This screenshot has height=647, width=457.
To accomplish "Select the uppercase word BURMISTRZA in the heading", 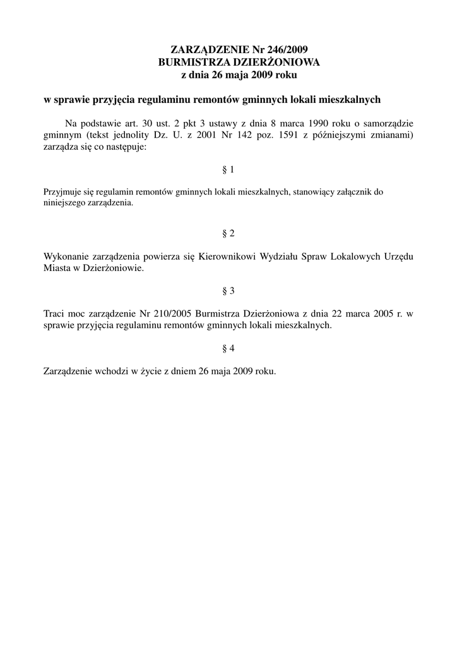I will (187, 62).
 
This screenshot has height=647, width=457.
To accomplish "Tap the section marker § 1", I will (228, 170).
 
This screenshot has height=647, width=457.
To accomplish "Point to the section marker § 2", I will (228, 233).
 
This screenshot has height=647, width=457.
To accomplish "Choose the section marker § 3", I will (228, 291).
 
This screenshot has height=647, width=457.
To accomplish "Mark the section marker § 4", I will (228, 348).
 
